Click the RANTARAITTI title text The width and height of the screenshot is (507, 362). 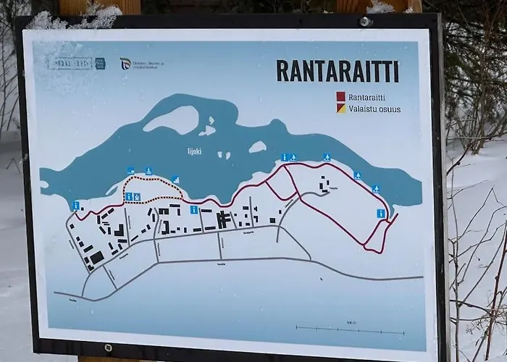[338, 71]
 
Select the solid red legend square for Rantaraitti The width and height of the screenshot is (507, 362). [340, 96]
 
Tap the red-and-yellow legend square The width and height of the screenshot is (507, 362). [340, 109]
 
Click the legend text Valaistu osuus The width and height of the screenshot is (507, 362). [374, 109]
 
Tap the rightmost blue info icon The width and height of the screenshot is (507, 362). [381, 214]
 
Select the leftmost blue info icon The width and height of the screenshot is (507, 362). [76, 206]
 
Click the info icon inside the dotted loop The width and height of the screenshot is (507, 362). [129, 196]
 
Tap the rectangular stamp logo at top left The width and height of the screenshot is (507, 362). [70, 64]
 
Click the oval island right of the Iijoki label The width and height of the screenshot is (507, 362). [257, 147]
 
